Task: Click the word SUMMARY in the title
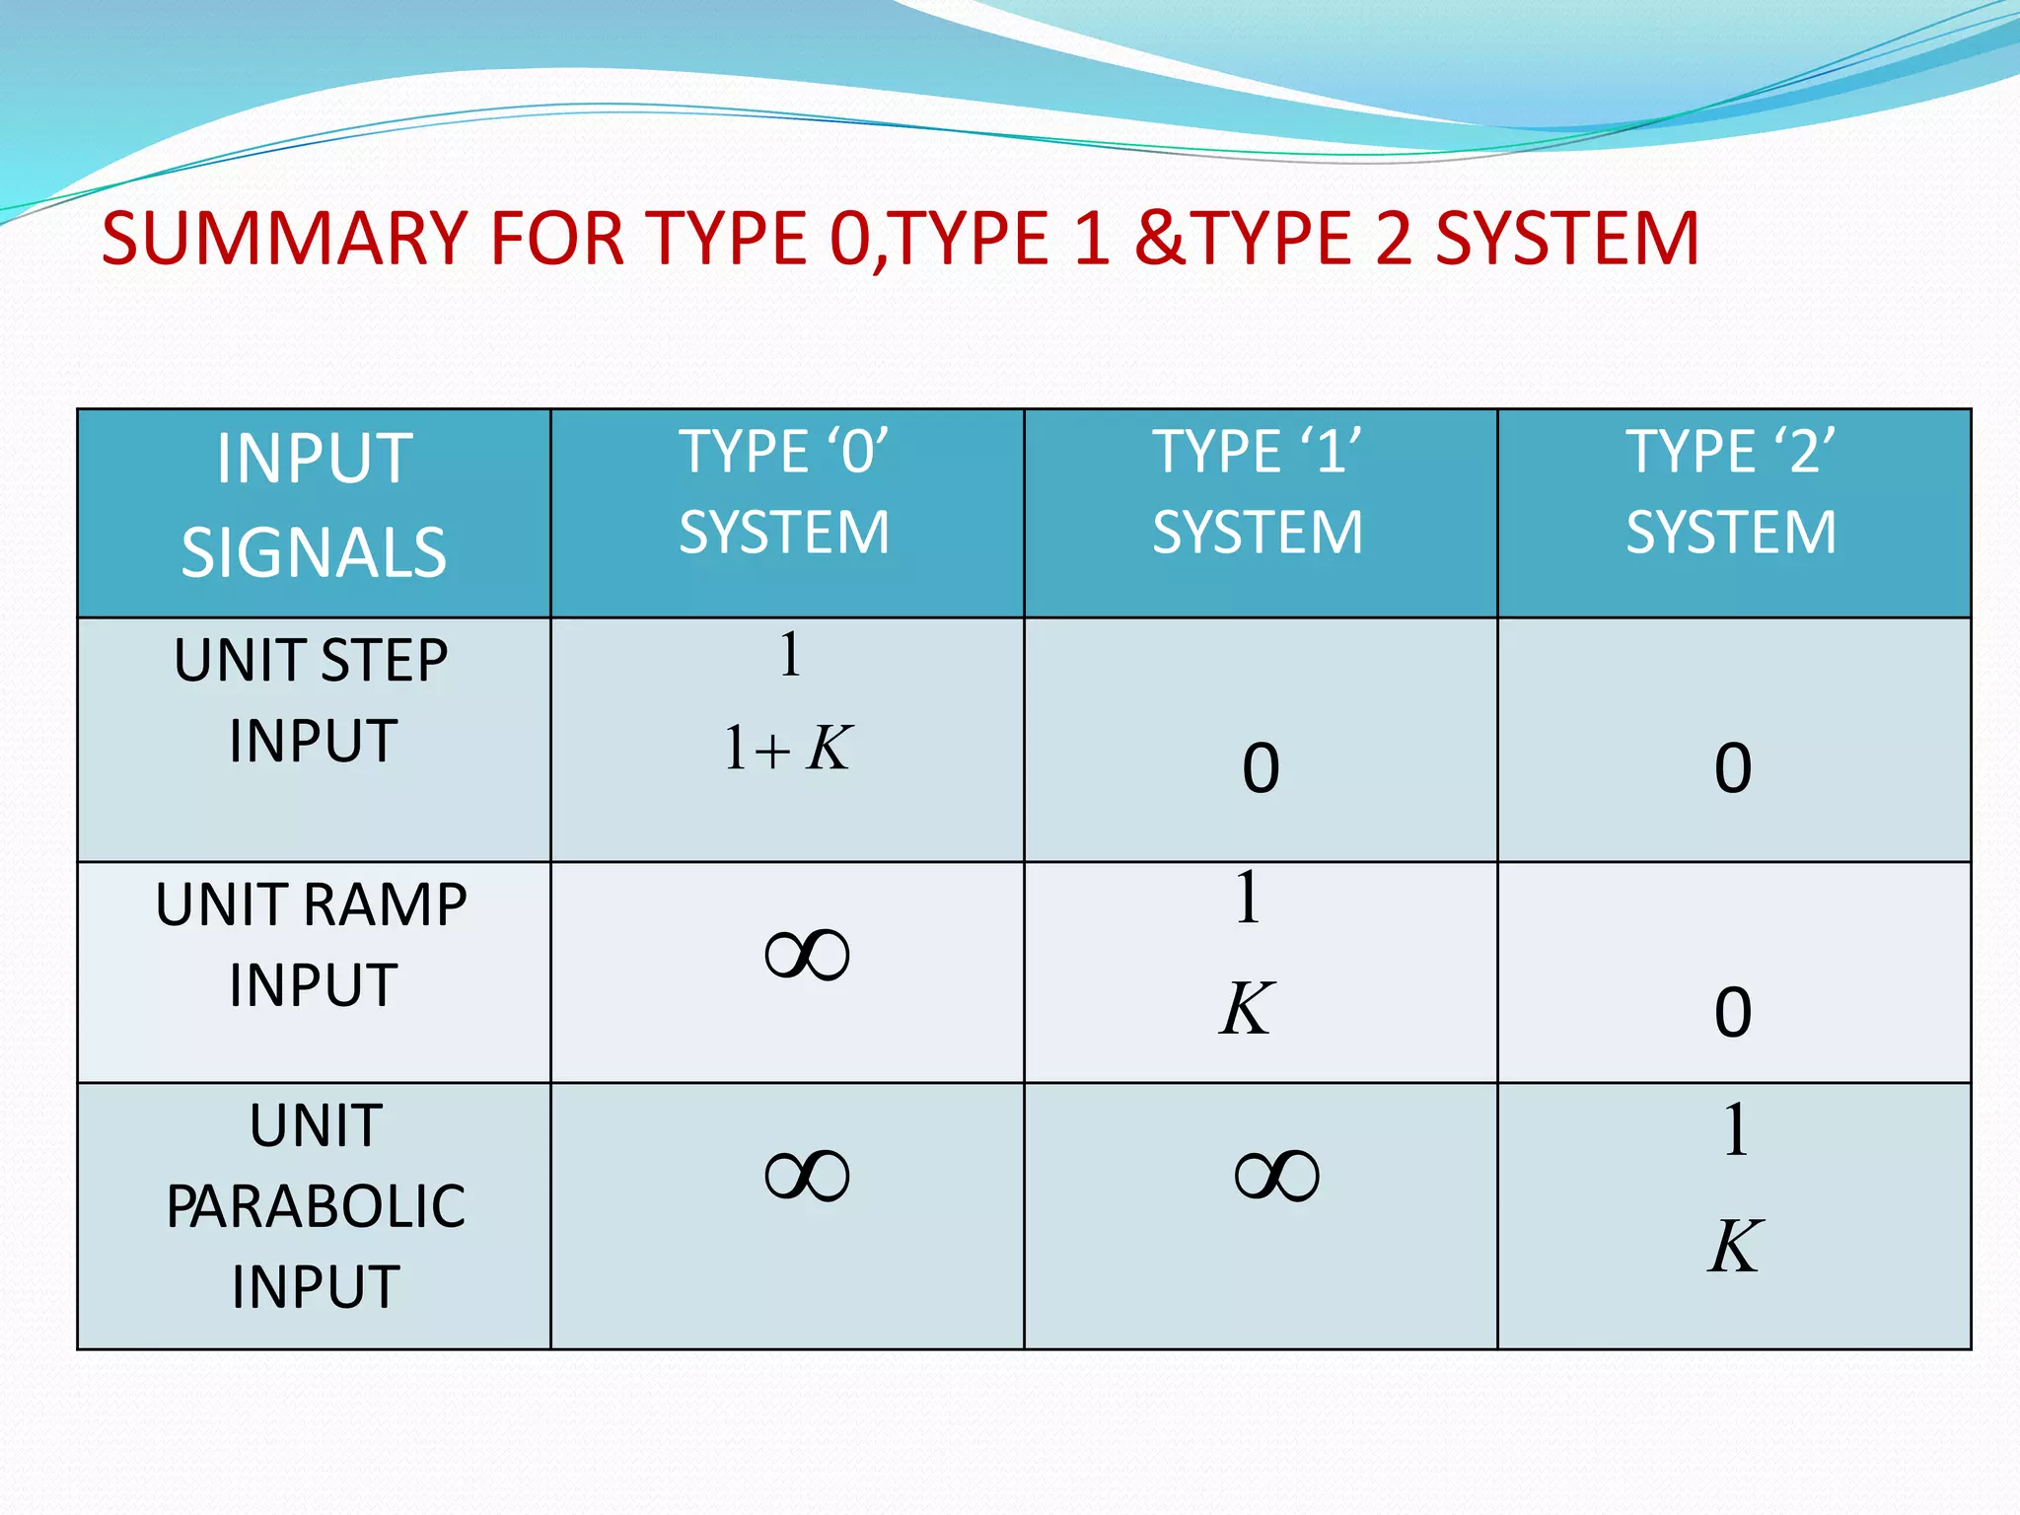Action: pyautogui.click(x=284, y=239)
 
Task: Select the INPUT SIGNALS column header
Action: pyautogui.click(x=314, y=505)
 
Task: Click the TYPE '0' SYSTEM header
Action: pyautogui.click(x=784, y=492)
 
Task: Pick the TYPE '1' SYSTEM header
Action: pyautogui.click(x=1258, y=492)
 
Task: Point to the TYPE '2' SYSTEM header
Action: pyautogui.click(x=1731, y=492)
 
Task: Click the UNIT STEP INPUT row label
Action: pyautogui.click(x=312, y=700)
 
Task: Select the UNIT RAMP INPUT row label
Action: pyautogui.click(x=312, y=945)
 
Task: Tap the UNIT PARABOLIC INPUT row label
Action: pyautogui.click(x=316, y=1206)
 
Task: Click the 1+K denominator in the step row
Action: pyautogui.click(x=787, y=748)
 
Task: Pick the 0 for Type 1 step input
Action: pyautogui.click(x=1261, y=768)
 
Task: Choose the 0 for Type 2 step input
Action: pyautogui.click(x=1733, y=768)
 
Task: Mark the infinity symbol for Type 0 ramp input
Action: pyautogui.click(x=807, y=955)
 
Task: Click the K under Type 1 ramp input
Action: pyautogui.click(x=1247, y=1009)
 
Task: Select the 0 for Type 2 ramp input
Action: pyautogui.click(x=1733, y=1013)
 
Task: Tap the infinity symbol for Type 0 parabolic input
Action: pyautogui.click(x=807, y=1176)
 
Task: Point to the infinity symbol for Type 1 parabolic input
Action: pyautogui.click(x=1276, y=1176)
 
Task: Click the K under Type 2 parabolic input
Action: pyautogui.click(x=1734, y=1247)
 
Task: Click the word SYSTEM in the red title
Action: pyautogui.click(x=1567, y=239)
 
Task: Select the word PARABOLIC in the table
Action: pyautogui.click(x=316, y=1206)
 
